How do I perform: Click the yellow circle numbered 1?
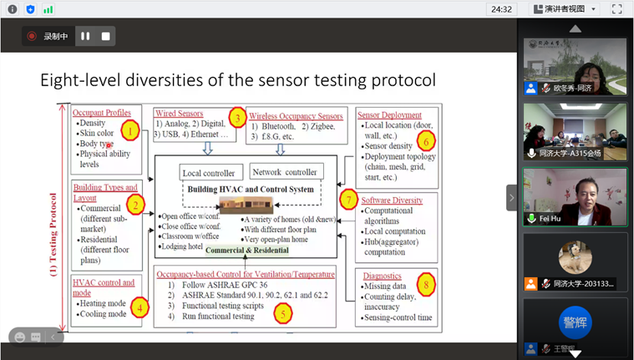coord(129,129)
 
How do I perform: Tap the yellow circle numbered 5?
coord(284,313)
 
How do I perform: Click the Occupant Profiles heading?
coord(101,113)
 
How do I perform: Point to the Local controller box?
coord(211,173)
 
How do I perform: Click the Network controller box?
coord(285,172)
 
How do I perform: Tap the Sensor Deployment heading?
coord(389,114)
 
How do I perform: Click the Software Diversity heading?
coord(392,200)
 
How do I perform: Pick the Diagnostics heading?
coord(382,276)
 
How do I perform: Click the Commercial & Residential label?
coord(247,250)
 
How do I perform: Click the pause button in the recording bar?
coord(84,36)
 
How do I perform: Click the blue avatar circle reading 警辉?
coord(575,322)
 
